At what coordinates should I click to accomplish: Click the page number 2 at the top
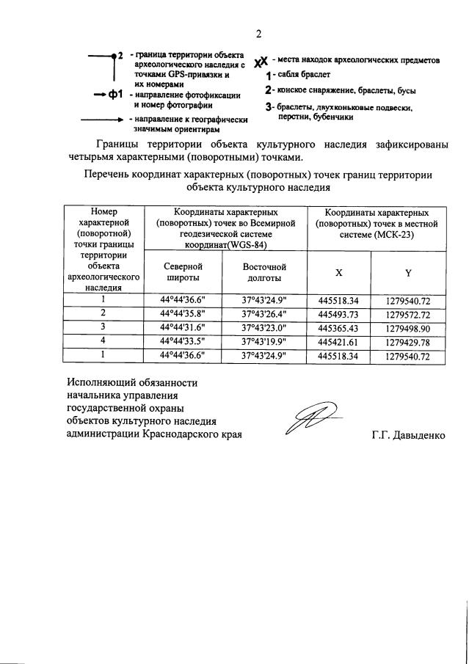[x=258, y=34]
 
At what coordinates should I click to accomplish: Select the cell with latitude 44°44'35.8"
[x=183, y=313]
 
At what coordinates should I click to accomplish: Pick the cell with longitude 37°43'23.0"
[x=264, y=327]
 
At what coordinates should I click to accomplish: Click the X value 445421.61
[x=338, y=341]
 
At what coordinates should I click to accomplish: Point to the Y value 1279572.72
[x=407, y=313]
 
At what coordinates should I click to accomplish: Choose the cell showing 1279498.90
[x=407, y=327]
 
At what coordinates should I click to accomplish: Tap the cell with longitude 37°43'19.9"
[x=264, y=341]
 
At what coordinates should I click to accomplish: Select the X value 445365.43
[x=338, y=327]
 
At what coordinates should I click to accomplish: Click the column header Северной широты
[x=183, y=272]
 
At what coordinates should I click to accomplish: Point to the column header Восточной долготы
[x=264, y=272]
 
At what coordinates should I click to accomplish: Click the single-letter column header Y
[x=407, y=272]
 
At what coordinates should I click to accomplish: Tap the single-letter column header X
[x=338, y=272]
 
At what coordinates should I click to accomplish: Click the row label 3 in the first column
[x=103, y=327]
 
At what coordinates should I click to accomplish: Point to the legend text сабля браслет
[x=302, y=75]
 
